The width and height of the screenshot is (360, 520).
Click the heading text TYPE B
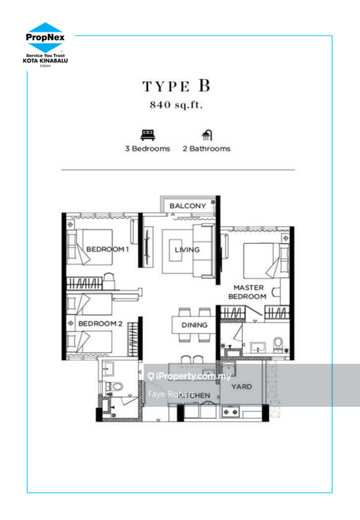coord(177,87)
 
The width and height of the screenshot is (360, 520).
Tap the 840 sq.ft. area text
coord(177,105)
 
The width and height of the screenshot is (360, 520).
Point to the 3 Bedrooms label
coord(148,148)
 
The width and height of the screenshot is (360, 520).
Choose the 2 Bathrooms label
coord(207,148)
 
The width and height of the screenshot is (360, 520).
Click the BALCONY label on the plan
coord(188,206)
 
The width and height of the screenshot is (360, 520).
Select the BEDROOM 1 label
coord(108,249)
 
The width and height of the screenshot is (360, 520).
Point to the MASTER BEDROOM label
coord(250,291)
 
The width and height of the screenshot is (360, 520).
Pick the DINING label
coord(194,325)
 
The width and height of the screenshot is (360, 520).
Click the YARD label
coord(242,387)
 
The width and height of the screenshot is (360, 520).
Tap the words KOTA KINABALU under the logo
coord(45,60)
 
